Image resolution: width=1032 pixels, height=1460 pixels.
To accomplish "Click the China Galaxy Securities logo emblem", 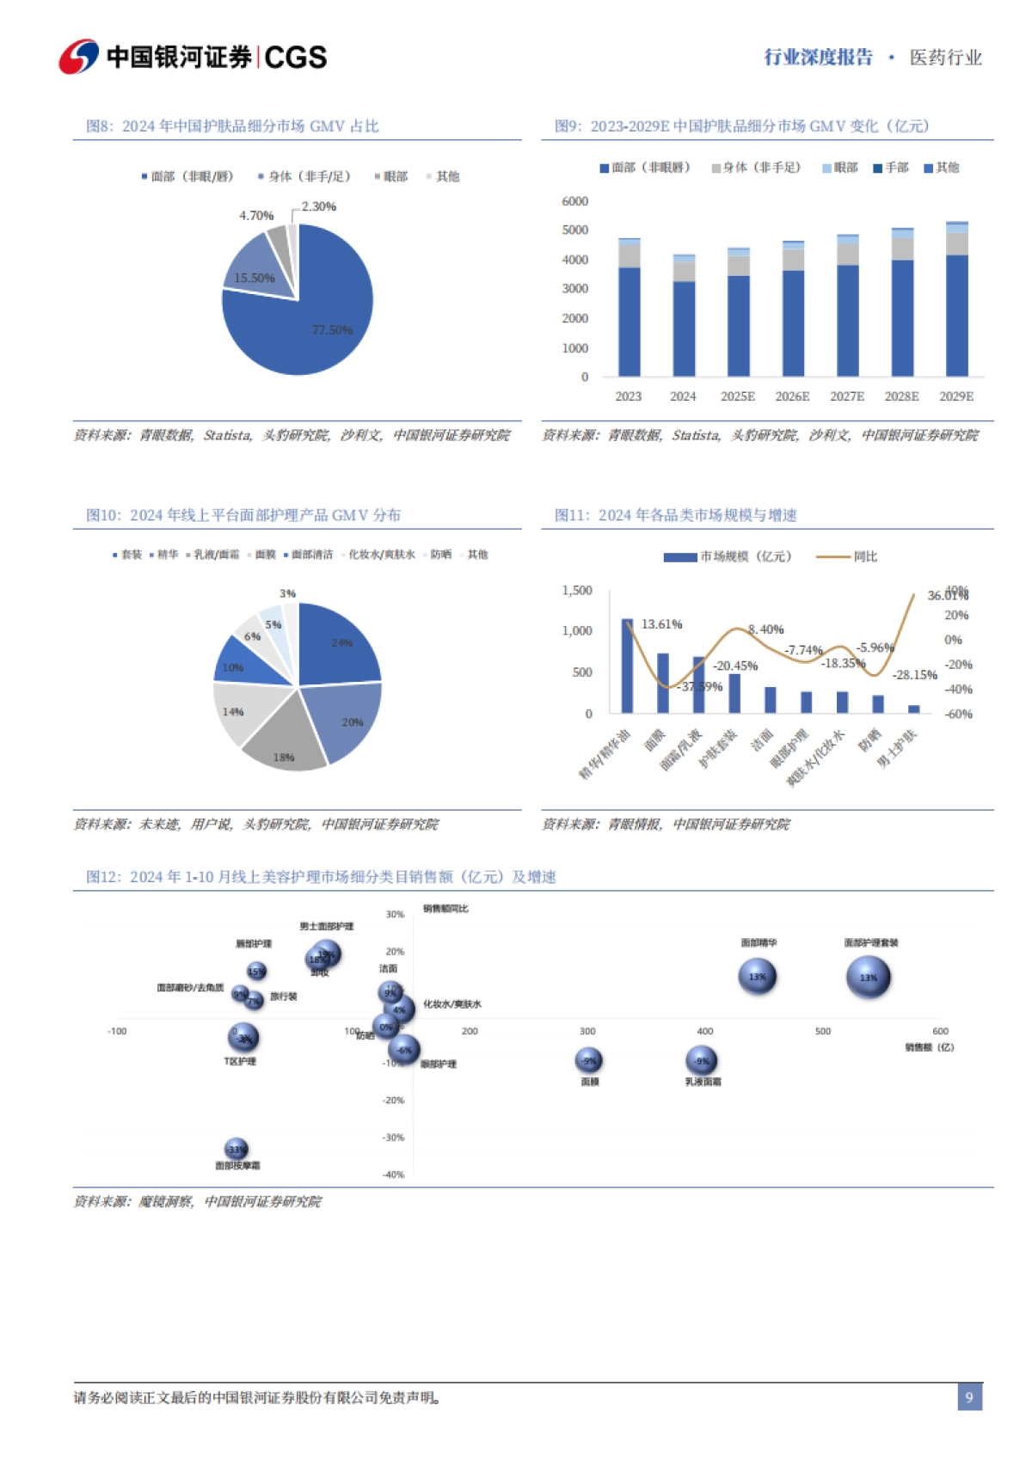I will tap(78, 57).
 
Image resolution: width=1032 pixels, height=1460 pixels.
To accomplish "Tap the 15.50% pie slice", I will tap(256, 270).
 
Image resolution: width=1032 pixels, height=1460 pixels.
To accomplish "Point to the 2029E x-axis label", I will tap(956, 396).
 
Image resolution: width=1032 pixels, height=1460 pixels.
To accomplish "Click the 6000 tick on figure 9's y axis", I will tap(574, 201).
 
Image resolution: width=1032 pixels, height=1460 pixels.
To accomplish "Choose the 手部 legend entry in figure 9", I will tap(891, 168).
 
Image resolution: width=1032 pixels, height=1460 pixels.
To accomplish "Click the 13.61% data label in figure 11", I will tap(661, 624).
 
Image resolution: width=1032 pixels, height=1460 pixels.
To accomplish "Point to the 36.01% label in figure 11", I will tap(946, 595).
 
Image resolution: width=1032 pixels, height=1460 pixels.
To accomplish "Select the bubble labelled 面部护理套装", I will tap(869, 978).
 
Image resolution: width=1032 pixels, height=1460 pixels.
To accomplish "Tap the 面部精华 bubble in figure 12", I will tap(757, 977).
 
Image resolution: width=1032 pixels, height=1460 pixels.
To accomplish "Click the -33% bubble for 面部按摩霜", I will tap(236, 1149).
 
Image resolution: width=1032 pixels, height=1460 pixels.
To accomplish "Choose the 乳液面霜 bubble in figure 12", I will tap(702, 1061).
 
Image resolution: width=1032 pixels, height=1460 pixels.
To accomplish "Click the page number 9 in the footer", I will tap(969, 1396).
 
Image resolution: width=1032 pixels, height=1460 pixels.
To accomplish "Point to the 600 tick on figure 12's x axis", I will tap(940, 1031).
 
